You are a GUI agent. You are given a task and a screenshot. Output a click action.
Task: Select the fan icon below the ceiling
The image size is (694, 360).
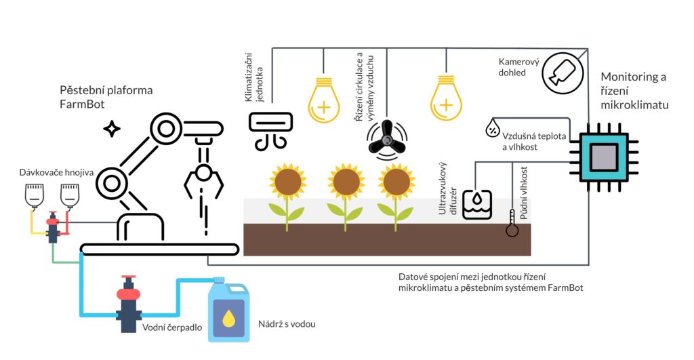coord(386,138)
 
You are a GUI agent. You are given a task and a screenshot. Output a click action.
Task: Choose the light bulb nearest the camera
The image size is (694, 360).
coord(446,100)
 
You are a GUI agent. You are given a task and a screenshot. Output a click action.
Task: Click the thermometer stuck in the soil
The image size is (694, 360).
coord(512,224)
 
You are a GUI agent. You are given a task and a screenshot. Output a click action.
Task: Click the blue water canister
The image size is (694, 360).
coord(229,308)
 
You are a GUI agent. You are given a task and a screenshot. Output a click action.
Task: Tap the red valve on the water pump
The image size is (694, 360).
coord(128,292)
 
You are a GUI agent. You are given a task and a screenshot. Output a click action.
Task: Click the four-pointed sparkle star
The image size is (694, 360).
coord(111,129)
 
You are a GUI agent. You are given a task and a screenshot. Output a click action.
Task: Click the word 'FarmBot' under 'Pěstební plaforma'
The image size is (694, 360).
coord(80,104)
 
